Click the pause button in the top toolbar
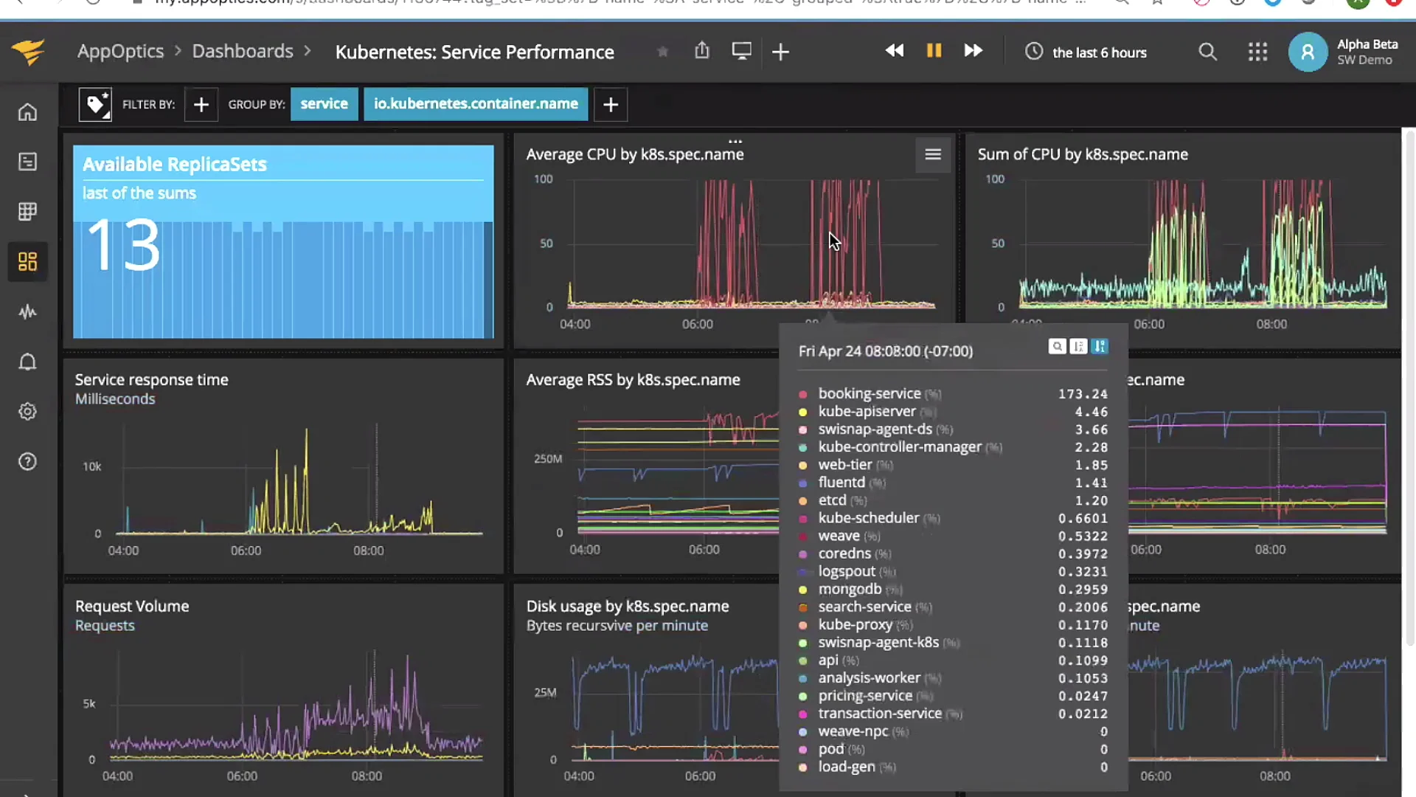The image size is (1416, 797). [934, 51]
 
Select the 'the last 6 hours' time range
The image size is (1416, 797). [1098, 52]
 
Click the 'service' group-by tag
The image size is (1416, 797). [324, 104]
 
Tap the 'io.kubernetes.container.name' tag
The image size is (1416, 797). [476, 104]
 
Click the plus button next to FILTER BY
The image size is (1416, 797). [201, 105]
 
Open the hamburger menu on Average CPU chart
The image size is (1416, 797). [933, 154]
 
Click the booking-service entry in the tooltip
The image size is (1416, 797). [869, 394]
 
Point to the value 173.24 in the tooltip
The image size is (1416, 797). [1083, 394]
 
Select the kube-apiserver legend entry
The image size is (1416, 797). [867, 412]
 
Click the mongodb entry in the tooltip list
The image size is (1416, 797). [850, 590]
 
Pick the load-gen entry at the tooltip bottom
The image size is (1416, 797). [847, 767]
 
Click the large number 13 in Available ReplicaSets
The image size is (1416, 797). [123, 245]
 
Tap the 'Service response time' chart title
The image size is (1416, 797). [151, 380]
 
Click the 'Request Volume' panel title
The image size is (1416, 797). [132, 607]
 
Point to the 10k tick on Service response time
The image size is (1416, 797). [92, 466]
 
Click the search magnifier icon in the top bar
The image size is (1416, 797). [1207, 52]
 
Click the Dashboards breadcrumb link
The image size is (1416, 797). [243, 52]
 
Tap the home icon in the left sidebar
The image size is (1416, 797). [27, 112]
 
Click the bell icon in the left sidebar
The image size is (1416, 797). [27, 362]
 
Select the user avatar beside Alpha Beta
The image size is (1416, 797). [1308, 52]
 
